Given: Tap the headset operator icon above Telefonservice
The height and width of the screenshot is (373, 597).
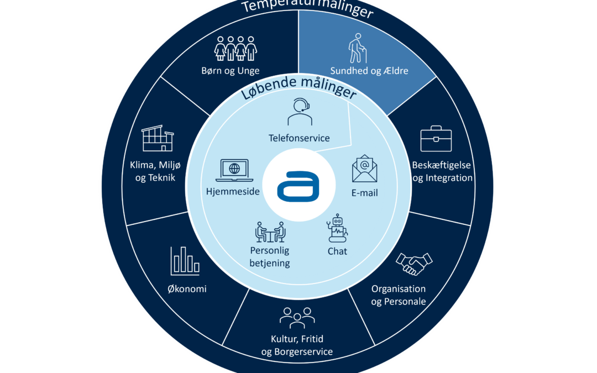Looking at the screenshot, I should tap(299, 112).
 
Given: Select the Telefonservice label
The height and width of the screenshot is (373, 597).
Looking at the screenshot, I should tap(299, 138).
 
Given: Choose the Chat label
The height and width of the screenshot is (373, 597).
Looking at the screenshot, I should tap(337, 251).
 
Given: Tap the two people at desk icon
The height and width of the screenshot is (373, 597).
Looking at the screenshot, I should tap(270, 232).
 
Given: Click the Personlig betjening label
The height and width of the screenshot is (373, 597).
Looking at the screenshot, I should tap(270, 258).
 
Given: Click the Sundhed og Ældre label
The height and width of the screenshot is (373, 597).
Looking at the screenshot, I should tap(369, 71).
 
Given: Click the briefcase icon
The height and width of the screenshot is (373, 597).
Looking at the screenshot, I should tap(436, 139).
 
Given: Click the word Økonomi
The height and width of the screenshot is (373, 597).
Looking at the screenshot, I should tap(188, 289).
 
